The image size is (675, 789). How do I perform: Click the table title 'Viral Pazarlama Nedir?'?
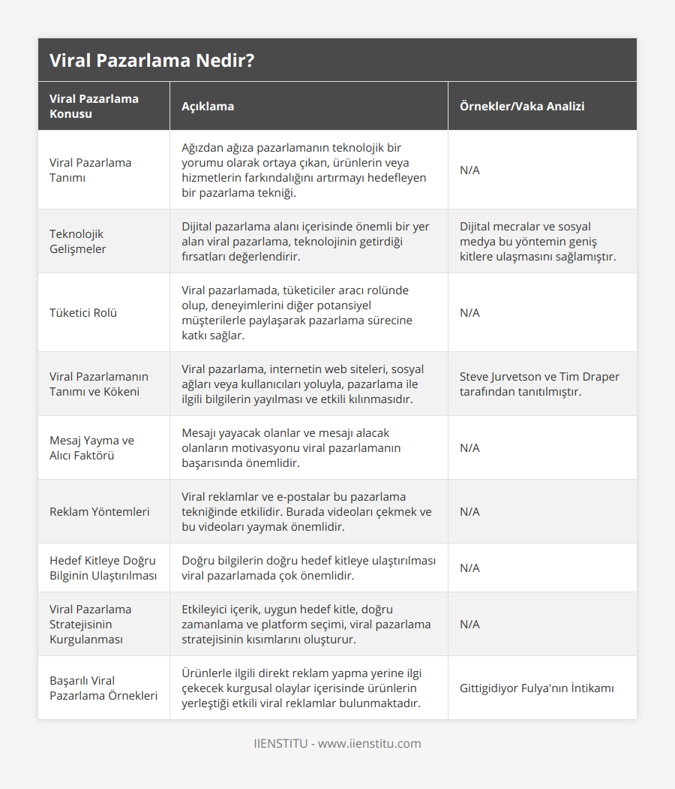151,61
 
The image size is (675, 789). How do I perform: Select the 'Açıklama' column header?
208,106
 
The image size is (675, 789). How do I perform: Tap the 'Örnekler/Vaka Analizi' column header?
522,106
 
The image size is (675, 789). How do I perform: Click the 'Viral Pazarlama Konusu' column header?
94,106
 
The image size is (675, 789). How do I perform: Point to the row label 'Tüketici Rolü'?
82,312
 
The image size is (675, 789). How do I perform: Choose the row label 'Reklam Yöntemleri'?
99,511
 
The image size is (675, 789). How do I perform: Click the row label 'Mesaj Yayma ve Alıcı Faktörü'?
91,447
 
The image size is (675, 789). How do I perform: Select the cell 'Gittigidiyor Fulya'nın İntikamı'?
537,688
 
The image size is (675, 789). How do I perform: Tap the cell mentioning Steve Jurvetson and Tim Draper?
539,384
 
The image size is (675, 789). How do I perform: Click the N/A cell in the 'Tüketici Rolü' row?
469,312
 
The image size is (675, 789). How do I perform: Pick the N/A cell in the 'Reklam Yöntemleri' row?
469,511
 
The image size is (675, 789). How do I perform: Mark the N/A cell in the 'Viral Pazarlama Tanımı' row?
469,170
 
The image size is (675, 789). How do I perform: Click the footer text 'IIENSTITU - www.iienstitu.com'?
337,743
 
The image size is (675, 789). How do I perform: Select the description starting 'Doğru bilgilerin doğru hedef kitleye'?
308,568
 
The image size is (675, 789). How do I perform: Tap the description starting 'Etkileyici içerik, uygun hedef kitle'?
306,624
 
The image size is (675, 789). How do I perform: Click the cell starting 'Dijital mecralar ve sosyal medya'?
538,241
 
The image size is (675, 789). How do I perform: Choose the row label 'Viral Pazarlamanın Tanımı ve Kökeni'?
98,384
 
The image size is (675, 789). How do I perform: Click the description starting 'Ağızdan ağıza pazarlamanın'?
304,170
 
